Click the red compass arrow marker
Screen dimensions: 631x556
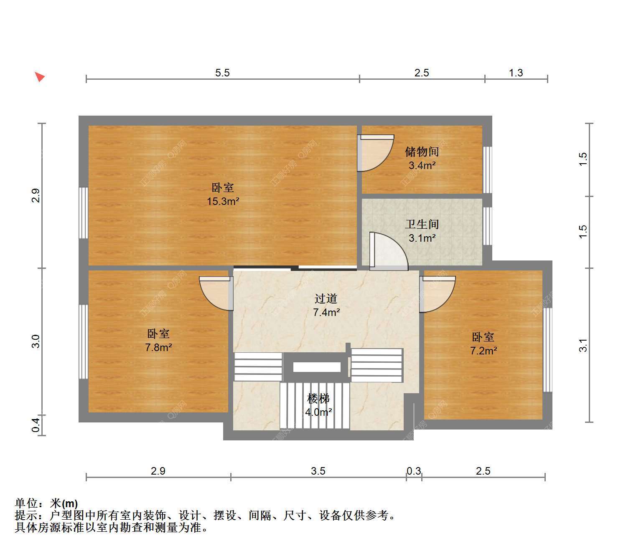click(40, 76)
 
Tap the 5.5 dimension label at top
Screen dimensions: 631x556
click(222, 73)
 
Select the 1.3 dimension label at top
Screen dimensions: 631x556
click(515, 73)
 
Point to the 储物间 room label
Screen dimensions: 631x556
click(422, 152)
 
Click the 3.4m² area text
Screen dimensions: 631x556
click(422, 165)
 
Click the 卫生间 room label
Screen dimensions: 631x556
click(422, 224)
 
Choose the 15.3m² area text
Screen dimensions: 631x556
click(223, 201)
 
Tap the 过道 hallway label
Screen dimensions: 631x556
click(326, 298)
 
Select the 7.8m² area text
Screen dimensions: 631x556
click(158, 347)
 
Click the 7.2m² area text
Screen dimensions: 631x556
click(483, 351)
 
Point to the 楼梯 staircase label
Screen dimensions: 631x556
click(318, 398)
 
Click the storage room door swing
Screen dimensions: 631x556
click(375, 153)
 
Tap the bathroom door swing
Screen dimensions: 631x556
click(388, 251)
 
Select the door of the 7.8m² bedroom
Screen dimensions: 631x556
click(216, 293)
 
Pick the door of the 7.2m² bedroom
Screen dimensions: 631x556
click(437, 294)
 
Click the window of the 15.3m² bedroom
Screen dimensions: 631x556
click(83, 213)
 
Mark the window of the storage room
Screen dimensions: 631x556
click(487, 170)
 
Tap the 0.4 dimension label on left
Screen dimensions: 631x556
click(36, 425)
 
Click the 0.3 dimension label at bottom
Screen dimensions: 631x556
click(414, 471)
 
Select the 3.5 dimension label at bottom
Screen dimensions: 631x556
click(318, 471)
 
